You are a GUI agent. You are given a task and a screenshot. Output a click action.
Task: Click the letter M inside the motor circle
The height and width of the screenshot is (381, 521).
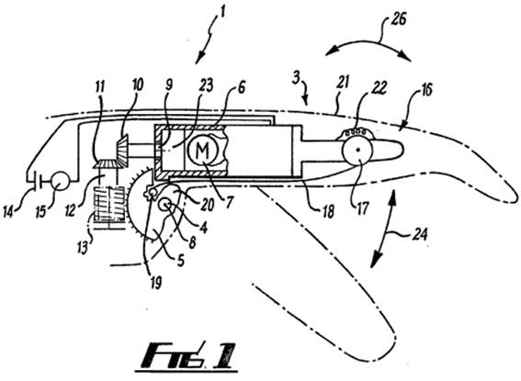pyautogui.click(x=202, y=151)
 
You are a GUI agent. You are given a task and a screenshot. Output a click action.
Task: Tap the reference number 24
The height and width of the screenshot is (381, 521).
pyautogui.click(x=419, y=235)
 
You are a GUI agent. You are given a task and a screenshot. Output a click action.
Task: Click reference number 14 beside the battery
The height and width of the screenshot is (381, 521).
pyautogui.click(x=8, y=211)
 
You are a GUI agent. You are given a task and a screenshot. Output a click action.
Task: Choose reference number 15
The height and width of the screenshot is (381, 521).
pyautogui.click(x=40, y=211)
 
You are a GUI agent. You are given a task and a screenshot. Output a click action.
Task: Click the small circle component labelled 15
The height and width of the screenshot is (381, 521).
pyautogui.click(x=60, y=180)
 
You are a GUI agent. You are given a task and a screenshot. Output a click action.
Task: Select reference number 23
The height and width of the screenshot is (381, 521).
pyautogui.click(x=206, y=85)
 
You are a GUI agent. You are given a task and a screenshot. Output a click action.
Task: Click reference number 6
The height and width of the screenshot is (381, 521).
pyautogui.click(x=241, y=87)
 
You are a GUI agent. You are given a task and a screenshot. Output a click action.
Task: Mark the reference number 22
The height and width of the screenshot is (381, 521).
pyautogui.click(x=379, y=88)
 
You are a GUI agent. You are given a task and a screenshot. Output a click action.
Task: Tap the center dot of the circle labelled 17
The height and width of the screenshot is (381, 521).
pyautogui.click(x=358, y=151)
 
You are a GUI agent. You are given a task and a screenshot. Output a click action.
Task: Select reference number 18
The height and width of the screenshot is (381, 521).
pyautogui.click(x=328, y=212)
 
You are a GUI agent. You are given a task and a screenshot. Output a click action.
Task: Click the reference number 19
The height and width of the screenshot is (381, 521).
pyautogui.click(x=156, y=283)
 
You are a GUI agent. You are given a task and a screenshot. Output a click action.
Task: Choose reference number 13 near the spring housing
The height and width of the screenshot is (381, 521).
pyautogui.click(x=83, y=247)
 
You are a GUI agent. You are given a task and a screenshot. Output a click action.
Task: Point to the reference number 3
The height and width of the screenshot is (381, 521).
pyautogui.click(x=296, y=77)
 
